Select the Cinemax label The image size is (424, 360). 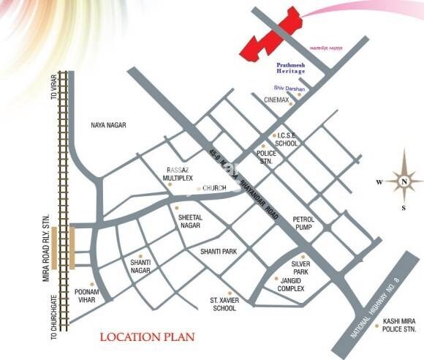[x=277, y=100]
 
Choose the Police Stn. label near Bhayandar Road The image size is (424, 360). [x=269, y=158]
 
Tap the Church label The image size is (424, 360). [x=216, y=189]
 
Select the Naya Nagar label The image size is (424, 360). [x=108, y=126]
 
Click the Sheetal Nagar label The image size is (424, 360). [x=189, y=222]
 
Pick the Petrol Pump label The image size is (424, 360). [x=303, y=223]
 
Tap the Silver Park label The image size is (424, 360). [x=302, y=266]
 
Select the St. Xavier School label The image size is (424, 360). [x=224, y=304]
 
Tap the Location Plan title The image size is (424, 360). [x=148, y=337]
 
